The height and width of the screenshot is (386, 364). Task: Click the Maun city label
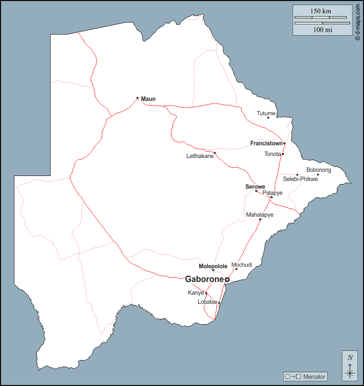coord(149,98)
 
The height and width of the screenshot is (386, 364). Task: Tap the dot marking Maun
coord(137,98)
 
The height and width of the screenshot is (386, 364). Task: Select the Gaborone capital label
coord(204,279)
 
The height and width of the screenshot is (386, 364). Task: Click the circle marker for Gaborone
coord(227,279)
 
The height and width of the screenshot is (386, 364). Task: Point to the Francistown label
coord(266,143)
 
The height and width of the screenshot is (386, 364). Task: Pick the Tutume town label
coord(266,113)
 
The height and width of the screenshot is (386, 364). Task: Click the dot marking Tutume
coord(268,118)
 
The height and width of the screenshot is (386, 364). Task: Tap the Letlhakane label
coord(200,157)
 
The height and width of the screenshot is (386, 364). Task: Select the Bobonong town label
coord(319,170)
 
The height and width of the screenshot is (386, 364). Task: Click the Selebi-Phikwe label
coord(300,179)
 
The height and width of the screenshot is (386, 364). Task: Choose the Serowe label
coord(255,187)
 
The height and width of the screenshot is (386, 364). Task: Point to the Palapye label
coord(273,193)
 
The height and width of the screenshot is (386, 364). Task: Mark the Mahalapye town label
coord(259,215)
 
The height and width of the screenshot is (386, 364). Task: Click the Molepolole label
coord(213,266)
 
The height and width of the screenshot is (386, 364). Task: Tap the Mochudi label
coord(241,265)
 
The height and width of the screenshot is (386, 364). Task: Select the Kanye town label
coord(196,293)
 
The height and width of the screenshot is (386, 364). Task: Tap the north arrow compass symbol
coord(350,367)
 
